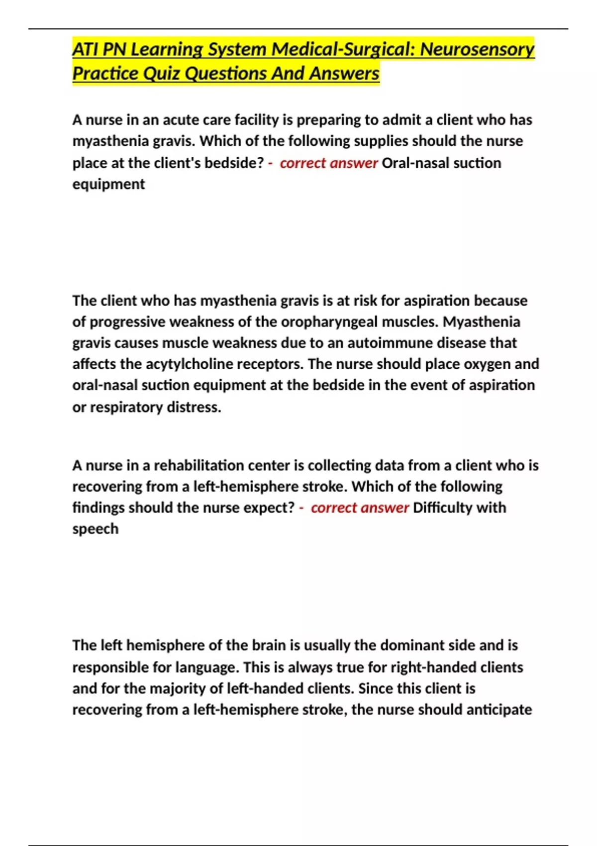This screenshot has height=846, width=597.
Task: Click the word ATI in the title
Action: pos(86,49)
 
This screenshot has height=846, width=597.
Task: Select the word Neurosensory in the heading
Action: pos(477,49)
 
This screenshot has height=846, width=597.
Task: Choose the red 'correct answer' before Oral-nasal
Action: pos(328,163)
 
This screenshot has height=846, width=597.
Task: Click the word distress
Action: pos(194,407)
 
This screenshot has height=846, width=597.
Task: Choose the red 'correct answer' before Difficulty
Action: pos(359,508)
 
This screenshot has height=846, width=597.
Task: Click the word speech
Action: pos(96,529)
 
